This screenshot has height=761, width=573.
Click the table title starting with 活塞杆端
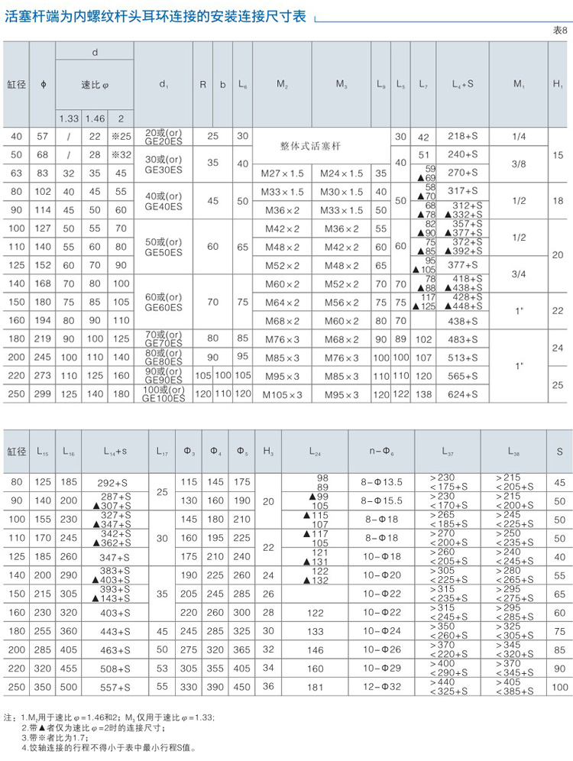[157, 16]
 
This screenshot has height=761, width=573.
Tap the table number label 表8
[559, 30]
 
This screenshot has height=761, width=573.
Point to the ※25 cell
[121, 137]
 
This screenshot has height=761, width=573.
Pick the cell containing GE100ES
[163, 394]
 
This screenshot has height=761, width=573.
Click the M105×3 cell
[283, 395]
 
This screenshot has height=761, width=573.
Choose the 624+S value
[462, 395]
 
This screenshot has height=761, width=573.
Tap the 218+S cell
[462, 137]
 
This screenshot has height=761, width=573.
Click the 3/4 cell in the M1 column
[520, 273]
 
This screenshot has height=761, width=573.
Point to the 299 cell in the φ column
[43, 395]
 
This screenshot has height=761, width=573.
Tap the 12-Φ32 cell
[382, 688]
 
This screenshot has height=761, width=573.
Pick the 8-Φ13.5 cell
[382, 483]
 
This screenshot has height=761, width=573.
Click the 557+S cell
[115, 688]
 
